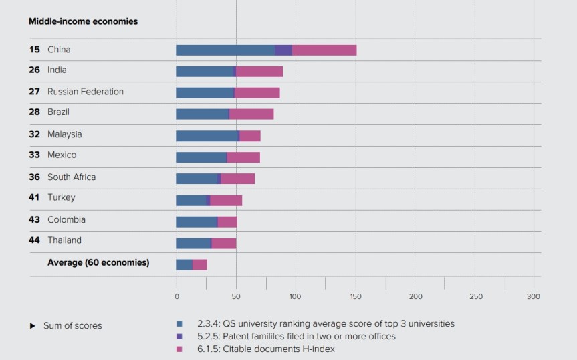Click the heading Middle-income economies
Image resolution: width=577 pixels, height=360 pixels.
click(x=83, y=21)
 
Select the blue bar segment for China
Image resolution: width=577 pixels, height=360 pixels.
click(x=225, y=50)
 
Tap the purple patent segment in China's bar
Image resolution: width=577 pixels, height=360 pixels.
click(x=283, y=50)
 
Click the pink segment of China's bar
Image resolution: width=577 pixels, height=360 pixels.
click(x=324, y=50)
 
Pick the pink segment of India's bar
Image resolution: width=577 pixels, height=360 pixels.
click(x=259, y=72)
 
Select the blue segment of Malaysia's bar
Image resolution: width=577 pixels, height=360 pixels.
click(x=207, y=136)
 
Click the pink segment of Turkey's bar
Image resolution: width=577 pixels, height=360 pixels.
click(x=226, y=200)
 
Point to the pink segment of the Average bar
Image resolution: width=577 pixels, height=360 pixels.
click(x=200, y=264)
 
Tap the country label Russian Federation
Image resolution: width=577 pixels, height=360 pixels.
click(x=85, y=92)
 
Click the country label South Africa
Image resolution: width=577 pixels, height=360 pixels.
click(x=71, y=177)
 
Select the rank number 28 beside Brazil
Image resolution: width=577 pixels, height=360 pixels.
click(x=34, y=112)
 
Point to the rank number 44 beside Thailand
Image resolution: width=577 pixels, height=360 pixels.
click(x=34, y=240)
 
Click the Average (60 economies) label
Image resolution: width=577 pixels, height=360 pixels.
click(x=98, y=262)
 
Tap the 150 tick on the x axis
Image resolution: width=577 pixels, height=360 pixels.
click(x=355, y=296)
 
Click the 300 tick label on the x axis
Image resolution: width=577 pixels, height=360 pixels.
click(x=533, y=296)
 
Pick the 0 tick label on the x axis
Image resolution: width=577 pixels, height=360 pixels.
click(x=177, y=296)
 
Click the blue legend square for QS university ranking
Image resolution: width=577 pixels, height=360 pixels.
click(x=179, y=324)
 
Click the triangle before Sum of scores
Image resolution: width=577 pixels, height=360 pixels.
click(x=32, y=326)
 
